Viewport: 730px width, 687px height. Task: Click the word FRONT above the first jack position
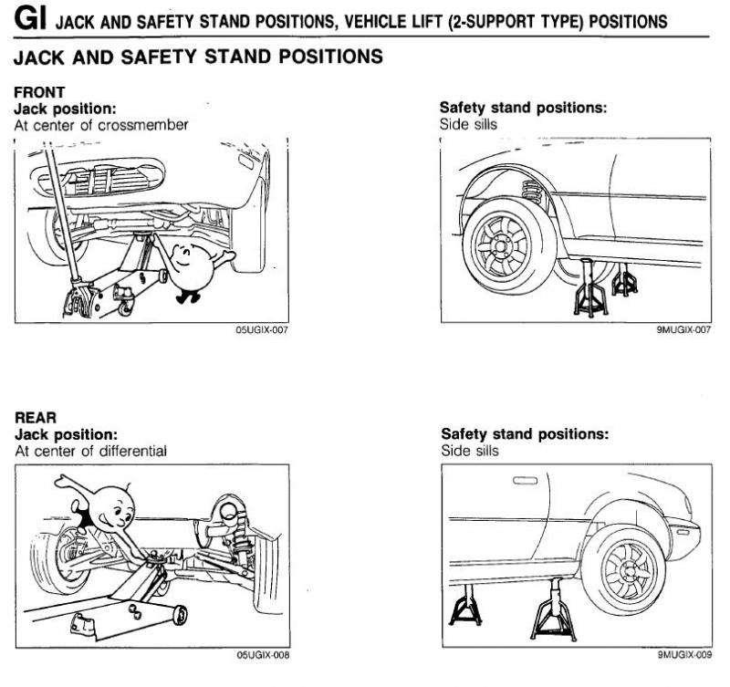(39, 93)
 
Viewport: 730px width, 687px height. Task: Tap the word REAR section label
(36, 418)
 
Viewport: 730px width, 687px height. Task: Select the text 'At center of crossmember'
(101, 125)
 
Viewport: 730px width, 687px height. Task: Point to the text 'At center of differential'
(91, 451)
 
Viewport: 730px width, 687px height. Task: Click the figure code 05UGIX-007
(262, 330)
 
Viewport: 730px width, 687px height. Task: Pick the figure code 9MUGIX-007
(683, 330)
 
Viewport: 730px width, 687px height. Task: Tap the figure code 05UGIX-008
(262, 655)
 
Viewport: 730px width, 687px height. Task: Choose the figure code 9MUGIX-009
(683, 655)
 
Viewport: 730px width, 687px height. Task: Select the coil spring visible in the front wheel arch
(532, 193)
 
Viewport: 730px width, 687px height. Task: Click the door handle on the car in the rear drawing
(526, 480)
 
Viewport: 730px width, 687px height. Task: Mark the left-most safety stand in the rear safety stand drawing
(466, 606)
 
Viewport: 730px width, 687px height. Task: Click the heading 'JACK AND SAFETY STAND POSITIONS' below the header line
(197, 57)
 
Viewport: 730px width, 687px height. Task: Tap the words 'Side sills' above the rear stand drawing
(470, 451)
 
